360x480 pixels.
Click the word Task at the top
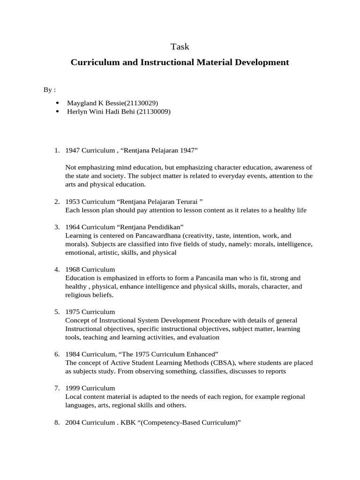point(180,46)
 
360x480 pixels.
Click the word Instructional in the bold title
point(165,62)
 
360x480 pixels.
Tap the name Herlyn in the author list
point(76,112)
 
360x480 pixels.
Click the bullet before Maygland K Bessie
point(57,103)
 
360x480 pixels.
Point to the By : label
point(50,89)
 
